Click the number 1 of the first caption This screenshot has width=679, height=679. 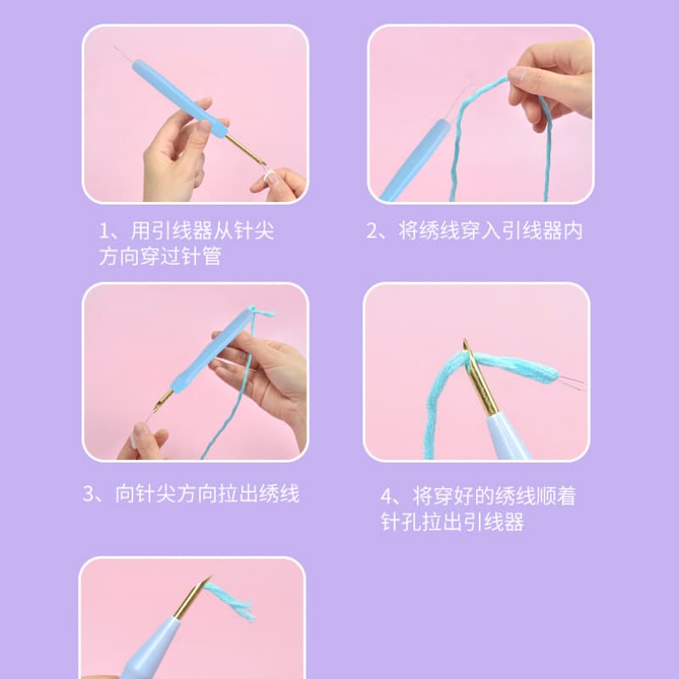point(104,231)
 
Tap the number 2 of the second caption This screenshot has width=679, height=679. point(372,231)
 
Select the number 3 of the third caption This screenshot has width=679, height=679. point(88,494)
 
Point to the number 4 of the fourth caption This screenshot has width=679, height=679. point(386,497)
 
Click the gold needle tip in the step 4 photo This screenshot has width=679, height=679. point(466,342)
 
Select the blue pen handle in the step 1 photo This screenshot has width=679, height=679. point(179,98)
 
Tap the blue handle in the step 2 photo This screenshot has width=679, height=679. point(416,160)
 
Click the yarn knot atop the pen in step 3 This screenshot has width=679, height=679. point(259,311)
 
